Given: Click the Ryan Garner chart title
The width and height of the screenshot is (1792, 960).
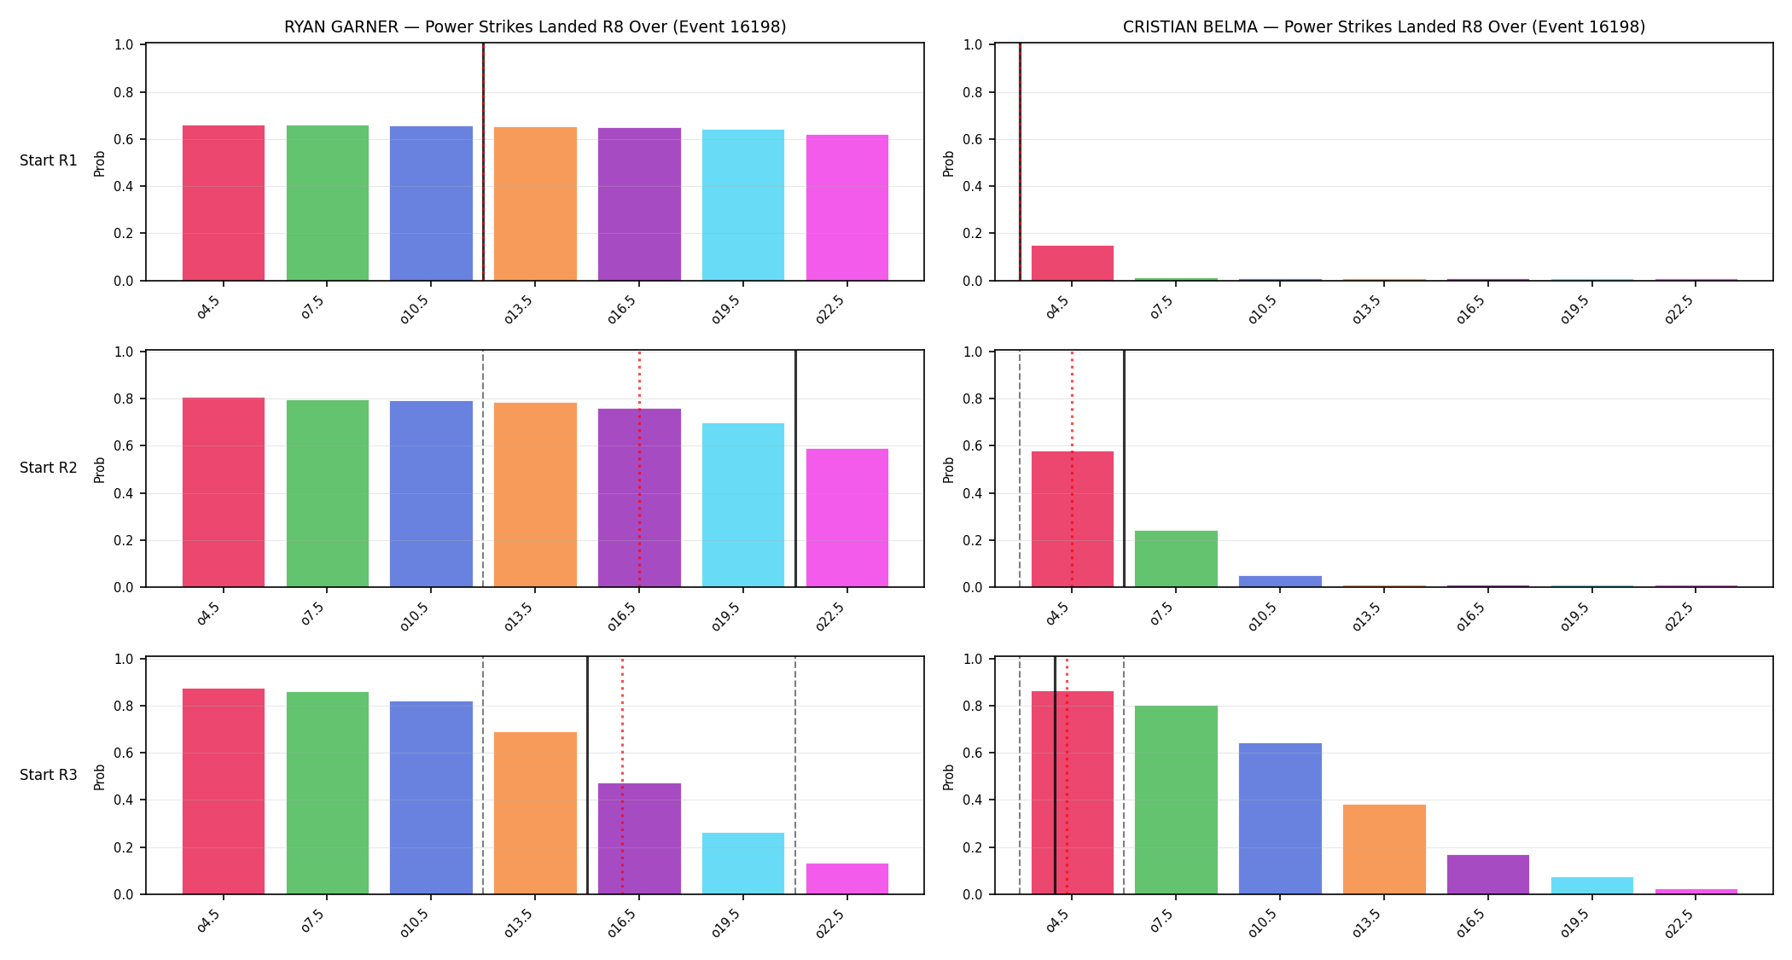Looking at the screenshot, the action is point(535,26).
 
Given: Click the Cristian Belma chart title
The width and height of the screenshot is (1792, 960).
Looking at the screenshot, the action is point(1384,26).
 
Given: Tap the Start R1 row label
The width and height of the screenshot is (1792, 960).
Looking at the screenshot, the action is point(49,160).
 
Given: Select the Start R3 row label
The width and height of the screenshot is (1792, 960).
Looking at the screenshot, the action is point(49,775).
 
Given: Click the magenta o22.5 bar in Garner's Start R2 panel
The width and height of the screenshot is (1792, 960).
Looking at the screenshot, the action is point(847,518).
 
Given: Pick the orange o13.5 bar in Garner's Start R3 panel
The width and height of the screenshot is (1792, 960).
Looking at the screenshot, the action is point(535,813).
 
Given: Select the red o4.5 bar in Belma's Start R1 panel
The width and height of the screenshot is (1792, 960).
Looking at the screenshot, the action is point(1073,263).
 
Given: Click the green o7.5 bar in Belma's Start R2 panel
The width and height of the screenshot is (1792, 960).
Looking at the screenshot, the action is point(1176,559).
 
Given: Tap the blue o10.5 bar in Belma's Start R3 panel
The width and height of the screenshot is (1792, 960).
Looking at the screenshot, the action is point(1280,818).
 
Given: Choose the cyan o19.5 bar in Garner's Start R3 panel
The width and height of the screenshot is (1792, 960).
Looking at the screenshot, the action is point(743,864).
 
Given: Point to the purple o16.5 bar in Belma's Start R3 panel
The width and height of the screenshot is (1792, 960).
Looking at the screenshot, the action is point(1488,875).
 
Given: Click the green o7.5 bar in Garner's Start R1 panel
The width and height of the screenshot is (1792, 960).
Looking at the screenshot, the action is point(328,203).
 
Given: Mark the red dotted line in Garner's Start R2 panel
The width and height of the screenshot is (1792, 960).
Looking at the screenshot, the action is point(639,468).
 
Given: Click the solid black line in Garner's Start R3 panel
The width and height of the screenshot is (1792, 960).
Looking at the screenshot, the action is point(587,776).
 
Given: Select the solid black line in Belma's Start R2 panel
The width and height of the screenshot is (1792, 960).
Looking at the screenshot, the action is point(1124,468).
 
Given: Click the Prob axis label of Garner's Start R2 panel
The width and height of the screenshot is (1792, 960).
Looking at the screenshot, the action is point(100,469).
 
